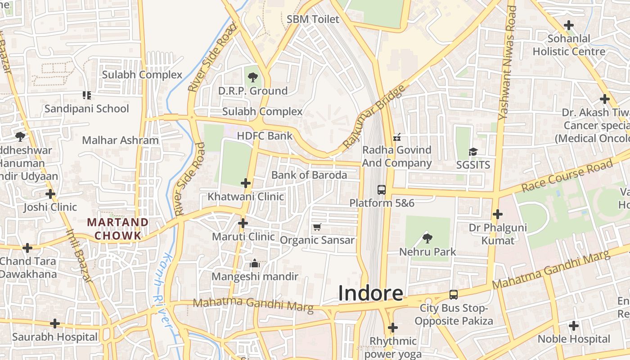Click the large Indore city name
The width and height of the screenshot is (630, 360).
(x=370, y=293)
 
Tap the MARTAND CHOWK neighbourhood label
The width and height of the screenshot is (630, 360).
(x=117, y=229)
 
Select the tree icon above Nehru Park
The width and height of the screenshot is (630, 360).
(x=427, y=238)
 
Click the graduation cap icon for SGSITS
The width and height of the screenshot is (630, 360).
(x=473, y=152)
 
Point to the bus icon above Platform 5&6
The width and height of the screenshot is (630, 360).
(x=382, y=189)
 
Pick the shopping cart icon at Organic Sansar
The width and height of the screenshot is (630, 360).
(x=317, y=227)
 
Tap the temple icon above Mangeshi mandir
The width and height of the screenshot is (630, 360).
(x=255, y=263)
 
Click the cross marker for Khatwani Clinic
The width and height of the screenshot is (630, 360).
(x=246, y=183)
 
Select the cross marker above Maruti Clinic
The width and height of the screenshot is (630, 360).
(x=243, y=223)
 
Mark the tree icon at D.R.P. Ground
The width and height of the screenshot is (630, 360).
(x=253, y=77)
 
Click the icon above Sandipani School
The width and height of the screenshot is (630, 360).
(x=87, y=95)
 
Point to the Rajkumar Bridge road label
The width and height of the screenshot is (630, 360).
(x=373, y=117)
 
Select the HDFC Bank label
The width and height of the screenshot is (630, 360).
(x=265, y=136)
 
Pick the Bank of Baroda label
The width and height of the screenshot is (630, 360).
(x=309, y=175)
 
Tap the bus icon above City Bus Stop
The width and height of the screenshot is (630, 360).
(x=454, y=295)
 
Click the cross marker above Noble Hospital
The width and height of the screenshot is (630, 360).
(x=574, y=325)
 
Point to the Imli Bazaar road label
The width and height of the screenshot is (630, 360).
(x=79, y=255)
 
